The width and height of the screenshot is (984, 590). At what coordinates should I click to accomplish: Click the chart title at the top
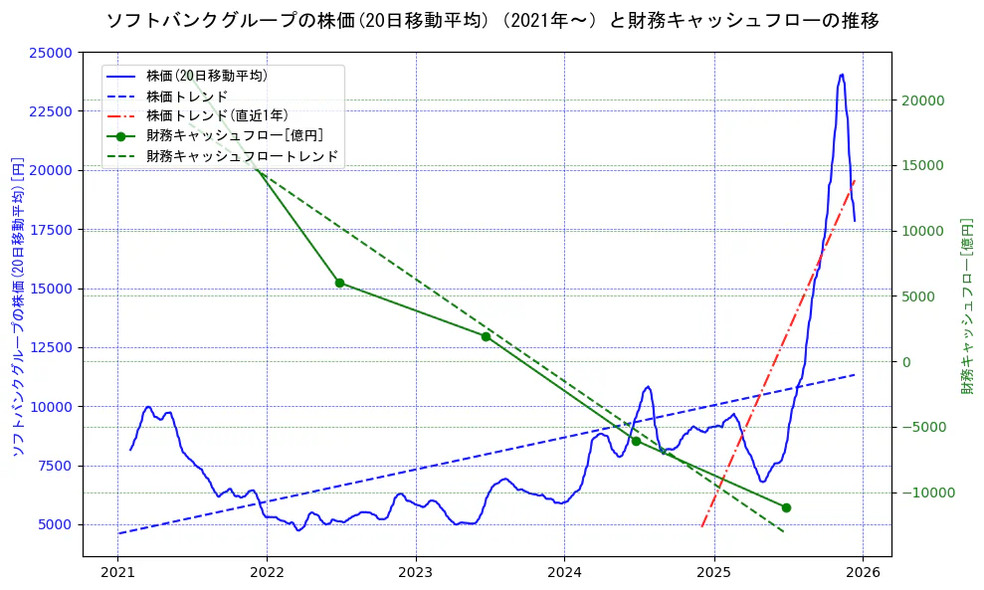[492, 20]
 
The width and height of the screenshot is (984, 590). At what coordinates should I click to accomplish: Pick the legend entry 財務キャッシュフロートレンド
[242, 156]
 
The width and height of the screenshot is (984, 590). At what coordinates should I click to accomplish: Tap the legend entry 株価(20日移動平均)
[206, 75]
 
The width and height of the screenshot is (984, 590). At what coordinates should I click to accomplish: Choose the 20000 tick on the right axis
[924, 100]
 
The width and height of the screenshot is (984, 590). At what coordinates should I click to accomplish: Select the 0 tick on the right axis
[906, 362]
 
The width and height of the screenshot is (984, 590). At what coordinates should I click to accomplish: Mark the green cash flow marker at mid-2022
[339, 283]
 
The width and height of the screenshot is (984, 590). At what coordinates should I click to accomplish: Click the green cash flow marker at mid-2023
[486, 336]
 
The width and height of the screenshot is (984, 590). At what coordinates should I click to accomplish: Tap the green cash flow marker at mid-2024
[636, 441]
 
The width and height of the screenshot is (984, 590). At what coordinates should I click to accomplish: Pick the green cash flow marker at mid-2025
[786, 507]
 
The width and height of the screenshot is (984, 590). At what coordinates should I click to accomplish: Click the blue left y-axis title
[17, 305]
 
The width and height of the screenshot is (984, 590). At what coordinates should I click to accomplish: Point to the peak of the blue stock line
[842, 75]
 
